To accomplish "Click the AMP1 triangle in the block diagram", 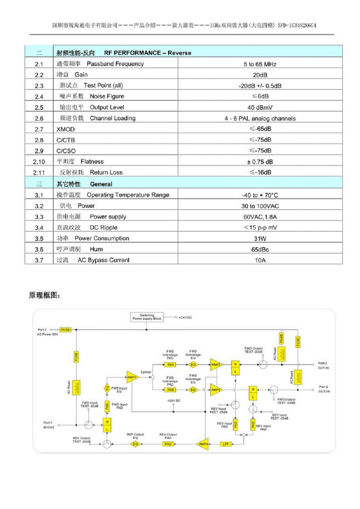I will [x=132, y=377].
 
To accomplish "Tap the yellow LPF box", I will [x=225, y=444].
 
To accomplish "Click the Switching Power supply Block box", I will [x=147, y=317].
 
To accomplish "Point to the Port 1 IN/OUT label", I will [x=49, y=425].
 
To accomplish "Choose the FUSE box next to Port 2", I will [x=65, y=330].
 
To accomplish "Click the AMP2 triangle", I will [x=215, y=365].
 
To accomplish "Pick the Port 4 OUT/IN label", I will [x=324, y=389].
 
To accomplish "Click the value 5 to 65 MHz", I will [x=260, y=64].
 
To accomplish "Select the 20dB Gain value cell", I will [x=260, y=75].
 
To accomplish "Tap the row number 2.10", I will [x=39, y=162].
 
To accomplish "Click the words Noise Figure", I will [x=107, y=96].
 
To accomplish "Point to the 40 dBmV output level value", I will [x=260, y=107].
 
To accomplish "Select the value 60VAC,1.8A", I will [x=260, y=217].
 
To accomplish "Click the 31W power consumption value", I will [x=260, y=239].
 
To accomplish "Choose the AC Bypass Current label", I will [x=103, y=260].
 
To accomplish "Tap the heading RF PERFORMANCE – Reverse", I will [x=148, y=53].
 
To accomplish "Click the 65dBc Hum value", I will [x=260, y=249].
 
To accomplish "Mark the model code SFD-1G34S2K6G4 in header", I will [x=297, y=25].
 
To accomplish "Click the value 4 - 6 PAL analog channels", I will [x=260, y=118].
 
